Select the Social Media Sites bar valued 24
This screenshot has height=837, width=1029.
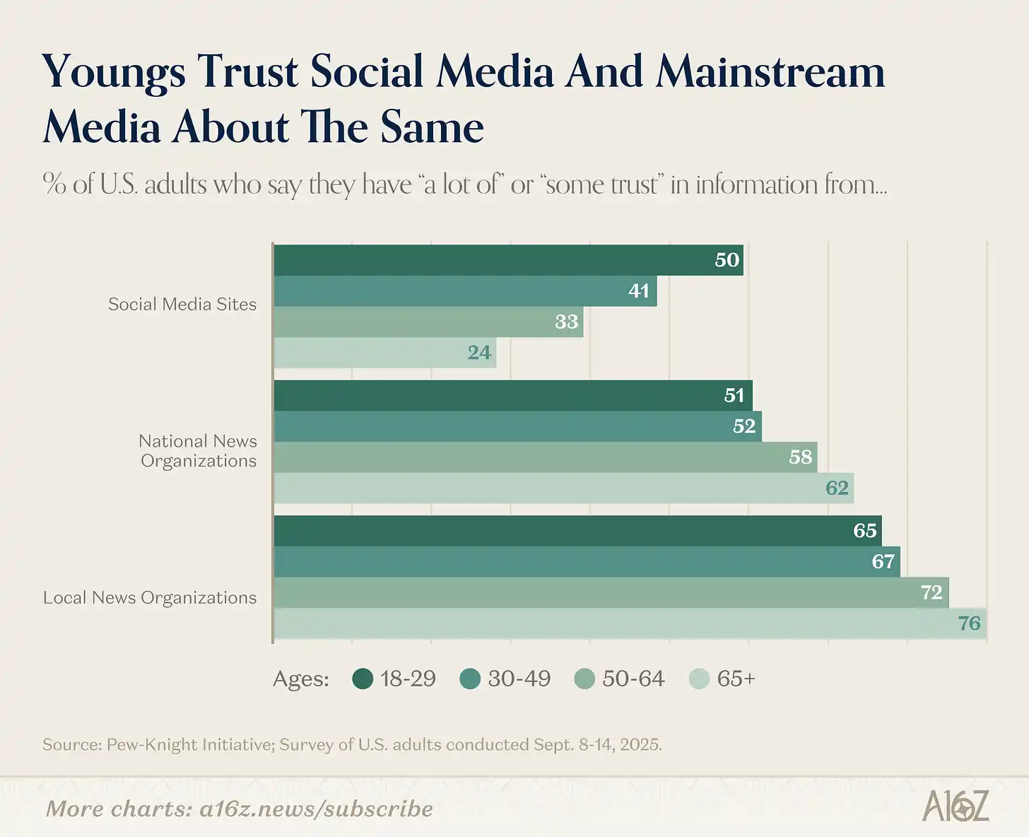click(x=384, y=353)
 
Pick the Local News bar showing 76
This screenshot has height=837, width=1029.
click(x=629, y=624)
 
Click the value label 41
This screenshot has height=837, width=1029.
click(x=639, y=291)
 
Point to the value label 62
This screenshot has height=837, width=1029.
click(x=837, y=488)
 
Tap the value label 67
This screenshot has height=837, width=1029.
click(x=883, y=562)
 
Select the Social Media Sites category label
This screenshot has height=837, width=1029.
click(x=182, y=305)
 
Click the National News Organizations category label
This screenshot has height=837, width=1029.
click(x=198, y=451)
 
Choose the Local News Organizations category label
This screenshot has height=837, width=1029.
click(x=150, y=598)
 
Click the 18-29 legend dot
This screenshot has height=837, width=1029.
click(x=363, y=679)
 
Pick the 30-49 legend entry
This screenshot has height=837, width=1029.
click(x=505, y=679)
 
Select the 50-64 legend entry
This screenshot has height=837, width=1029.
click(x=620, y=679)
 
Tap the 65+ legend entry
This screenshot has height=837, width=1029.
click(x=722, y=679)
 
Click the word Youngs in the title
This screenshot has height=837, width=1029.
click(x=113, y=73)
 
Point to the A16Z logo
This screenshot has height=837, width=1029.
click(x=956, y=807)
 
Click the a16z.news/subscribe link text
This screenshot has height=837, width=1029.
click(x=316, y=809)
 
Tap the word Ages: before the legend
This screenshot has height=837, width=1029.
click(x=301, y=679)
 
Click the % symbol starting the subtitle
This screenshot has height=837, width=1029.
click(x=54, y=184)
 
